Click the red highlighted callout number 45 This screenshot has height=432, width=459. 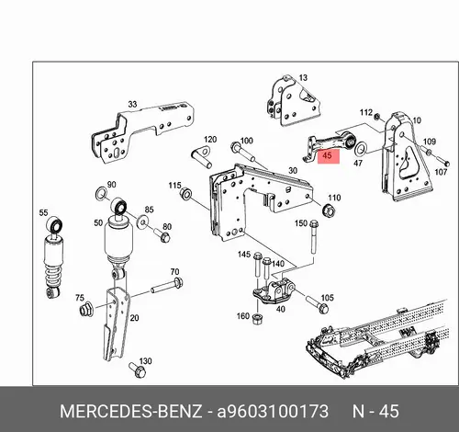(327, 155)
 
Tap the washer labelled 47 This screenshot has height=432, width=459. (361, 149)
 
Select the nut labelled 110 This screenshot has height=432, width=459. (330, 210)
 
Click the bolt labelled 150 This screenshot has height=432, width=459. (313, 236)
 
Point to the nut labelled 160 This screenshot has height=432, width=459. (257, 318)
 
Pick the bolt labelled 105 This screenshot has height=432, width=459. (318, 303)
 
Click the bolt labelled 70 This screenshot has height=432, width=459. (167, 286)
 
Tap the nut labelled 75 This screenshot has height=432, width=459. (86, 309)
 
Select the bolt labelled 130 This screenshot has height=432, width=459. (138, 369)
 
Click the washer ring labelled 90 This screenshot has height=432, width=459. (101, 194)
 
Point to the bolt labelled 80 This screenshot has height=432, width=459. (162, 234)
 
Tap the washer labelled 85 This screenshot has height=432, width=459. (142, 221)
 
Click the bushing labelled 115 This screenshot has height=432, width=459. (185, 194)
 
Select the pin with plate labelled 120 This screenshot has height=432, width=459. (202, 156)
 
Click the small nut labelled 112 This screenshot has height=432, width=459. (378, 117)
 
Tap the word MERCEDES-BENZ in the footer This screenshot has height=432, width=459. (130, 411)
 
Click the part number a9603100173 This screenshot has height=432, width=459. (273, 411)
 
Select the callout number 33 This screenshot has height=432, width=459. (132, 104)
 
